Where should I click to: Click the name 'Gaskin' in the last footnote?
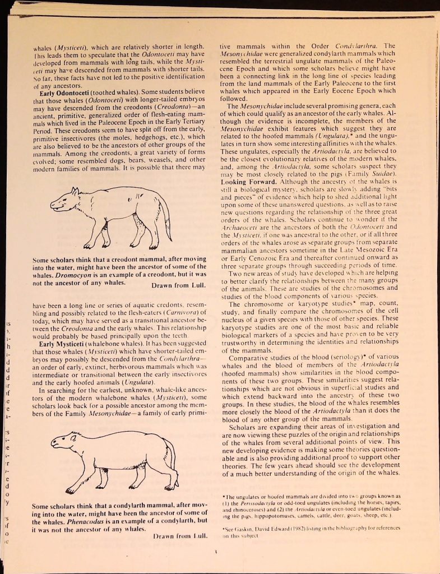pyautogui.click(x=243, y=529)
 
